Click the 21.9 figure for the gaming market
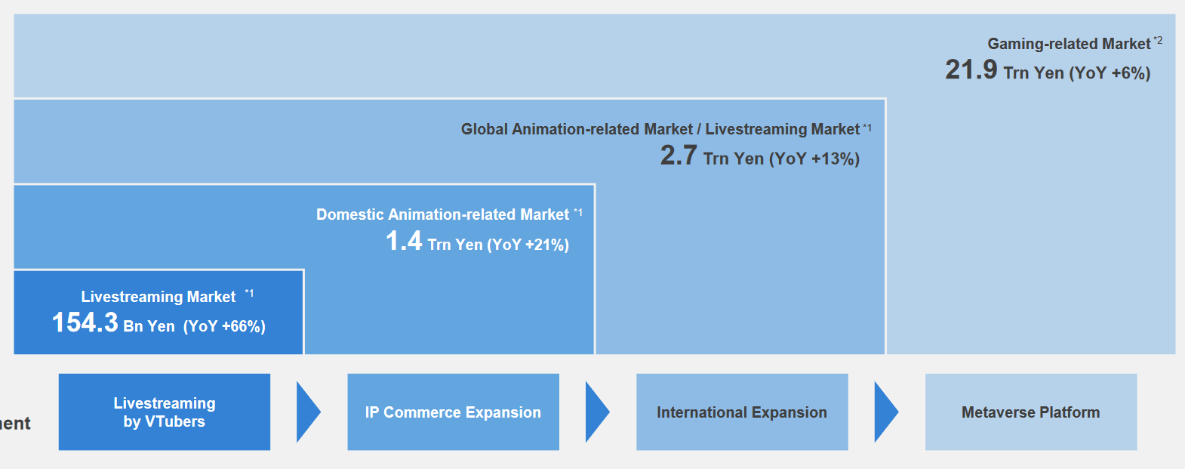click(x=971, y=70)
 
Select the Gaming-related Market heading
click(x=1069, y=44)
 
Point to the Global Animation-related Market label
click(x=577, y=129)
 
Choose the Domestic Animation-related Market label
click(x=442, y=214)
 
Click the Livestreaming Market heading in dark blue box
click(x=159, y=297)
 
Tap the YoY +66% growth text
click(x=224, y=326)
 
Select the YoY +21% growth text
click(x=528, y=245)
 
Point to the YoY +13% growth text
click(x=814, y=159)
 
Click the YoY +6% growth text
click(x=1110, y=73)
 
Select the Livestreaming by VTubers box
click(x=165, y=412)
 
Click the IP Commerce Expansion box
click(x=454, y=412)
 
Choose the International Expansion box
click(x=742, y=412)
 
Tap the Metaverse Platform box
click(x=1031, y=412)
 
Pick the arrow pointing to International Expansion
click(x=596, y=412)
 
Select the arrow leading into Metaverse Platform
click(x=885, y=412)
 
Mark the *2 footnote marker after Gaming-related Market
click(x=1158, y=40)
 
